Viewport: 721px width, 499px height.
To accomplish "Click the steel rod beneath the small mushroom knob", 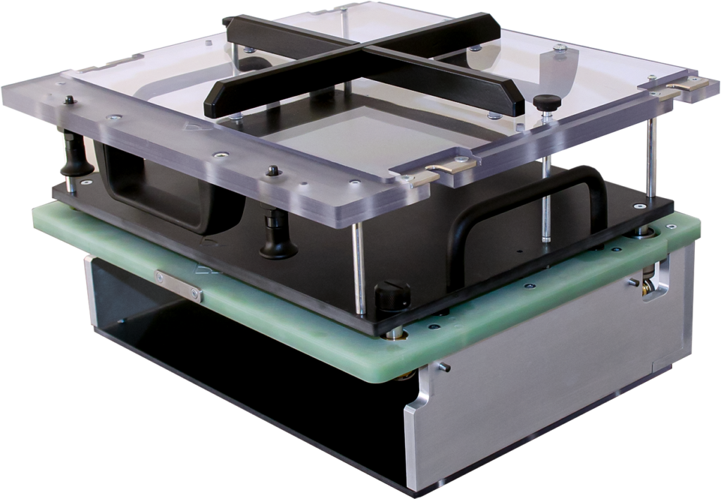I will click(x=546, y=183).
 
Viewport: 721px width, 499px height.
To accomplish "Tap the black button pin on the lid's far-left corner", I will click(x=69, y=101).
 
